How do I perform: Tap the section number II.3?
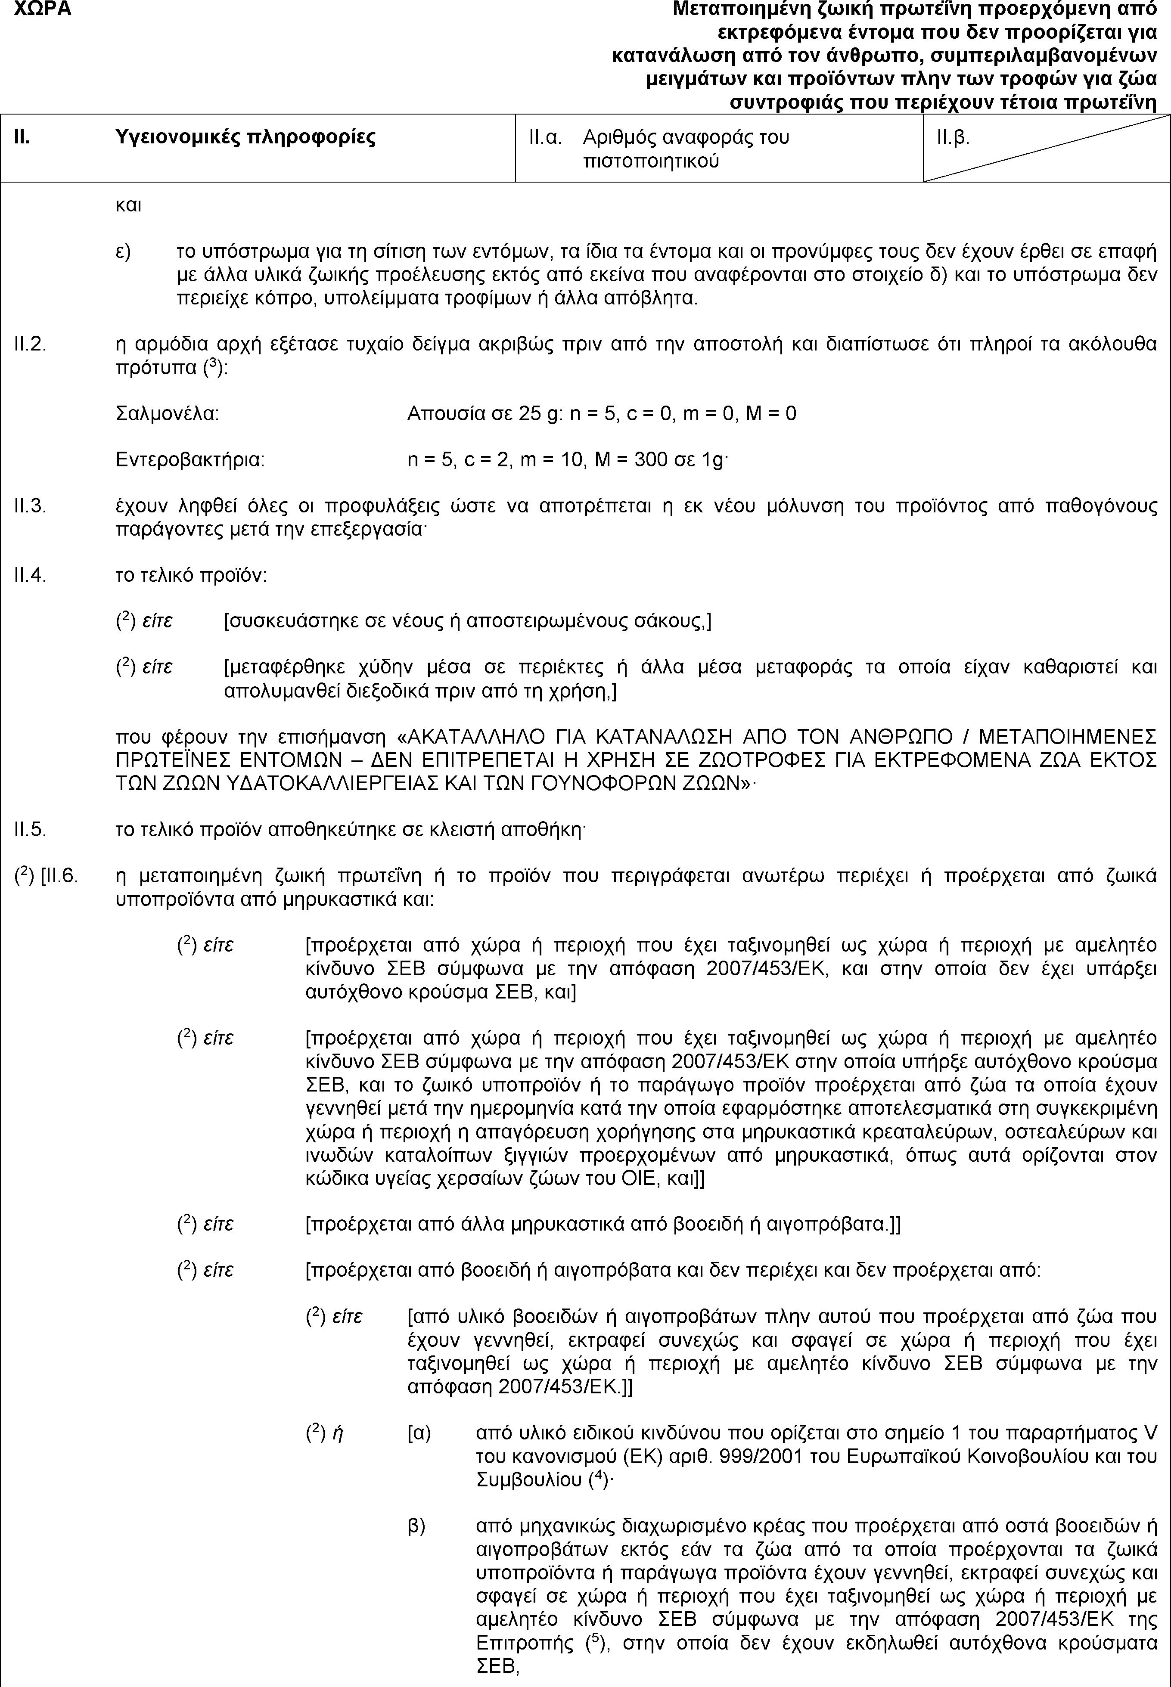click(31, 505)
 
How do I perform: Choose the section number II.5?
click(31, 830)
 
